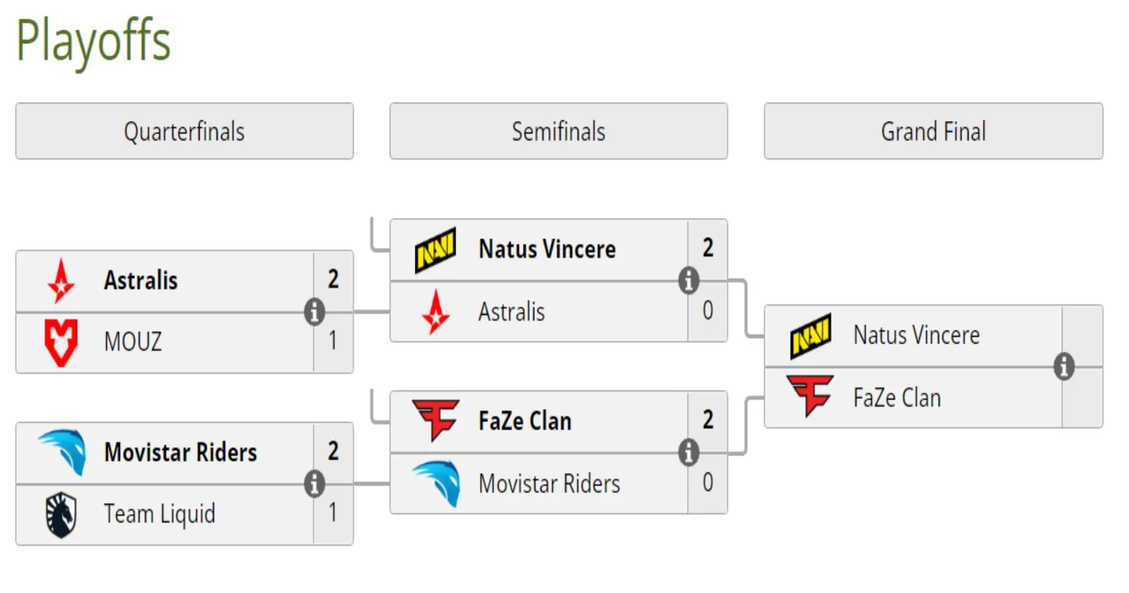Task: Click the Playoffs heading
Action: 94,42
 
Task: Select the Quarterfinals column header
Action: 184,131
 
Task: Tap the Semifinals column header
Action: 559,131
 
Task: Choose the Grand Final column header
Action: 933,131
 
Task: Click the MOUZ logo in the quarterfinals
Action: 61,343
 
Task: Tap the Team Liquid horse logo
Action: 61,514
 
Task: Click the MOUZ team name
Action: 133,342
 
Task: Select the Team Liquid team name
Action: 159,514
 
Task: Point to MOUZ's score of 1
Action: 333,341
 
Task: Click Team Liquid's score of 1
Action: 333,513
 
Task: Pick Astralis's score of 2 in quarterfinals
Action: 333,279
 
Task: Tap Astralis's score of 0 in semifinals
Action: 707,310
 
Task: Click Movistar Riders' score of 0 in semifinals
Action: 707,482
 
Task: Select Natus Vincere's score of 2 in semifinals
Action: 707,248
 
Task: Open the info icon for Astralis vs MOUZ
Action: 315,312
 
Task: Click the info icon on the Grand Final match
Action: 1064,367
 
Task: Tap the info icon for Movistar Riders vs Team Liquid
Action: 315,484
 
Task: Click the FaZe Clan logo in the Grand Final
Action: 810,396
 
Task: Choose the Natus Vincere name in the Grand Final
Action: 916,335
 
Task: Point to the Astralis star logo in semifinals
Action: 436,312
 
